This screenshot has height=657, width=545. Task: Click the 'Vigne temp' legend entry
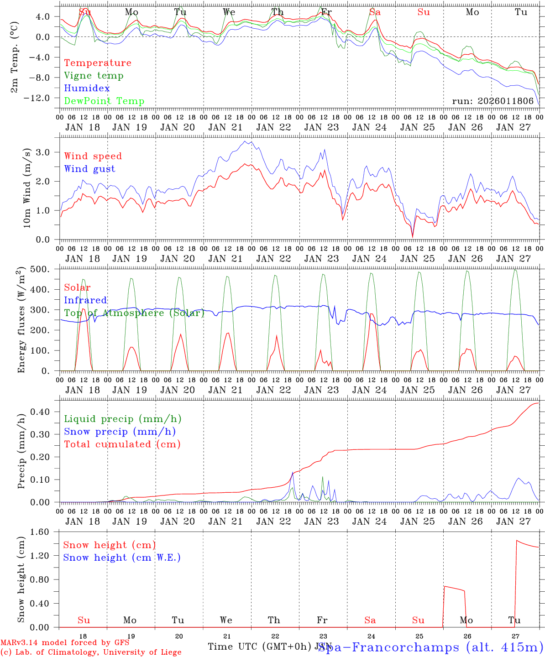(x=94, y=76)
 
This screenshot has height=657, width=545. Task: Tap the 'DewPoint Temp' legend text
(x=104, y=101)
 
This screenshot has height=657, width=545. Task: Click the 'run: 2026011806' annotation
(x=493, y=101)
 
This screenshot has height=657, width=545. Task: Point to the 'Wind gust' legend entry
(x=89, y=169)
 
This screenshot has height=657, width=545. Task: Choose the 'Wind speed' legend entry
(x=93, y=156)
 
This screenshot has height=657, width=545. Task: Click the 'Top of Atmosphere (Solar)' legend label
(x=134, y=313)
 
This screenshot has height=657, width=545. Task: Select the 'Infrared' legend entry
(x=85, y=300)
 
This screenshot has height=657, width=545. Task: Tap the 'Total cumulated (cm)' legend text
(x=122, y=444)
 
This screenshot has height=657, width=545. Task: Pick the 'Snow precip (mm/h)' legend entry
(x=120, y=432)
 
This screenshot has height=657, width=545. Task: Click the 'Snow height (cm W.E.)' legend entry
(x=122, y=558)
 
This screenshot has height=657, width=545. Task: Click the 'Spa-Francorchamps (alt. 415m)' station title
(x=430, y=647)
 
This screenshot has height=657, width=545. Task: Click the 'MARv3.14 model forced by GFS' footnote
(x=65, y=643)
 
